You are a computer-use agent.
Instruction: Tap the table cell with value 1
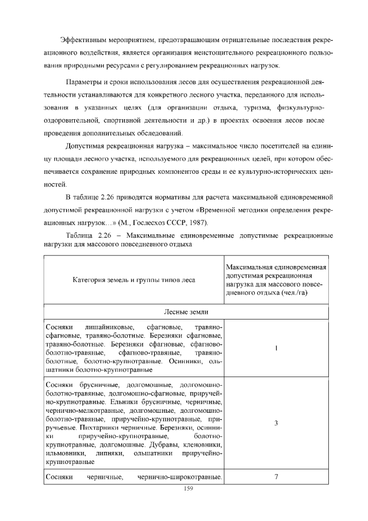(x=277, y=348)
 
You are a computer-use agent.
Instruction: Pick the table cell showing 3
(x=277, y=423)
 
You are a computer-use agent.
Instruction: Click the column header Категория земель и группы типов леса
(x=133, y=280)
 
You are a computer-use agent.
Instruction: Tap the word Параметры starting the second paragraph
(x=85, y=79)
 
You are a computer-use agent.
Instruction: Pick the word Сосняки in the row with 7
(x=58, y=477)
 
